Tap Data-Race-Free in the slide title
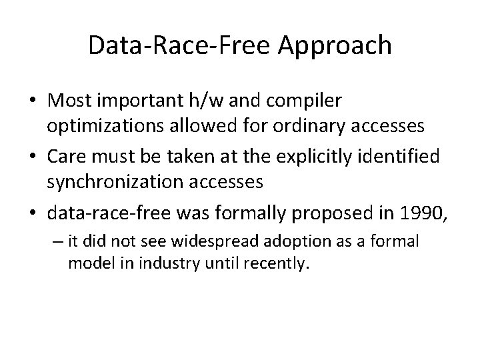click(182, 45)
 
